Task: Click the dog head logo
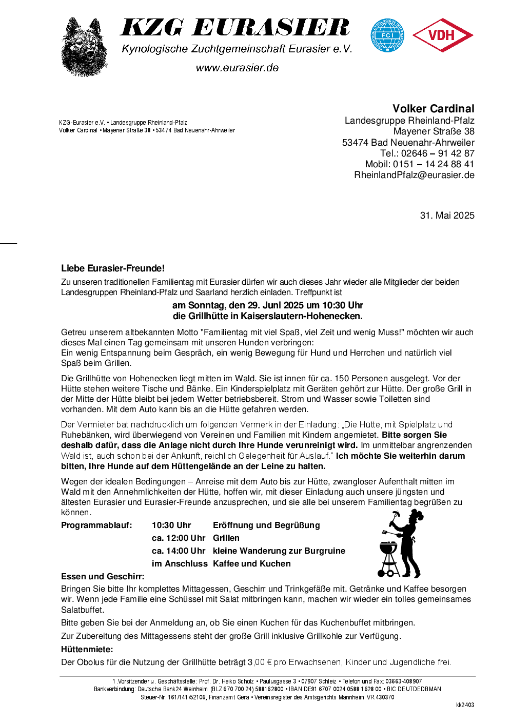click(x=84, y=47)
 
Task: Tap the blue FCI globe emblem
click(x=387, y=35)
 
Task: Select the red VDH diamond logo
click(x=442, y=35)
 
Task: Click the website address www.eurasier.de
click(x=237, y=68)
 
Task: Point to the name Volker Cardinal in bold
click(x=433, y=109)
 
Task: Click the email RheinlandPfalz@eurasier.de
click(x=414, y=175)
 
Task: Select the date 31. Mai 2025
click(x=447, y=216)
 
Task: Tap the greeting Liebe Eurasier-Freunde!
click(x=113, y=268)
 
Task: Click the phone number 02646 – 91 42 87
click(x=438, y=153)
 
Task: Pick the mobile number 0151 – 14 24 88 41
click(x=434, y=164)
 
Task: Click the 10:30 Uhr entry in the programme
click(x=171, y=525)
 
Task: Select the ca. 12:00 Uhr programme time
click(x=178, y=538)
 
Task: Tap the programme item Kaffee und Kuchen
click(x=251, y=564)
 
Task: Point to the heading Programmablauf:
click(x=96, y=525)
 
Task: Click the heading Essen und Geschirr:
click(x=103, y=577)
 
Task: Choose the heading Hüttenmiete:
click(x=87, y=650)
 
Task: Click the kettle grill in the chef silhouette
click(x=388, y=552)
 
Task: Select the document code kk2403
click(x=465, y=705)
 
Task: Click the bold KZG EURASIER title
click(x=235, y=28)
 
